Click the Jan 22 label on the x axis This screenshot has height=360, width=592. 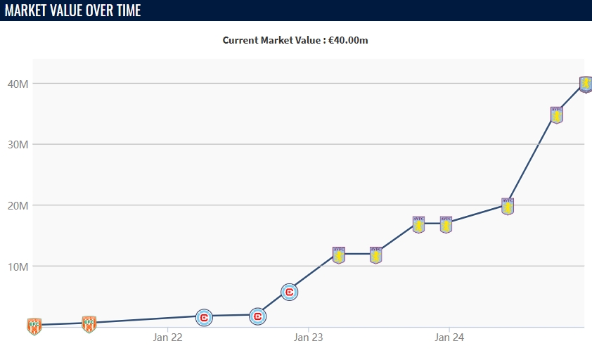[x=167, y=337]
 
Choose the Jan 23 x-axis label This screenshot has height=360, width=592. [x=308, y=337]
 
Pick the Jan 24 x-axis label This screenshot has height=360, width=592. [x=449, y=337]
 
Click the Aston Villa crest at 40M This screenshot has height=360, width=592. [x=586, y=84]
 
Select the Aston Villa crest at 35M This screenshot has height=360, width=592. [x=557, y=115]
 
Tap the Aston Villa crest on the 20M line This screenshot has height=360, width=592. [x=508, y=206]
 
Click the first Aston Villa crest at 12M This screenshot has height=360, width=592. [x=339, y=255]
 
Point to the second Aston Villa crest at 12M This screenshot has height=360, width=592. [x=375, y=255]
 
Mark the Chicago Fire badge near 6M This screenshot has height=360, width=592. [x=289, y=292]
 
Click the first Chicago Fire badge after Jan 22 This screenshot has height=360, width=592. [x=204, y=318]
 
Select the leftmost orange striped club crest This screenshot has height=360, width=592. [x=34, y=326]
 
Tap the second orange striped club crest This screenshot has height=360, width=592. [x=89, y=324]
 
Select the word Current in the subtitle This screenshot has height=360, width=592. [x=241, y=40]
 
